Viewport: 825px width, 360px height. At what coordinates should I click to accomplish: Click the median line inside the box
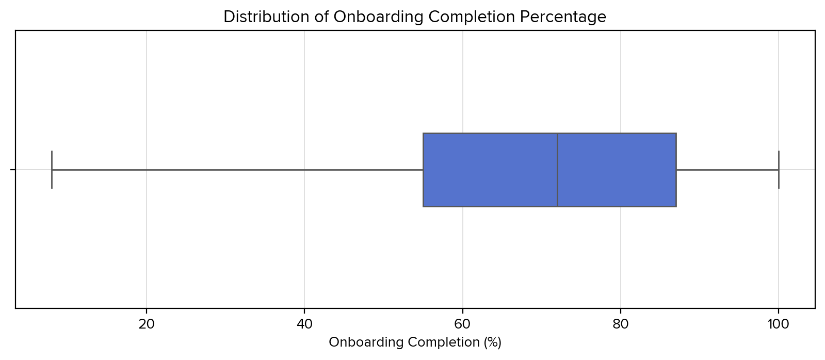click(x=557, y=170)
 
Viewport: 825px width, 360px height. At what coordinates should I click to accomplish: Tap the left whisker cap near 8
click(x=52, y=170)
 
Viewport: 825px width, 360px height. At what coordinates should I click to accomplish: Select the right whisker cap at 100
click(x=778, y=170)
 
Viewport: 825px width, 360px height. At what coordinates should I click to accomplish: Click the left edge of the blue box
click(x=423, y=170)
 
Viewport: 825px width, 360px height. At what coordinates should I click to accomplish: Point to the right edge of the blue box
click(x=676, y=170)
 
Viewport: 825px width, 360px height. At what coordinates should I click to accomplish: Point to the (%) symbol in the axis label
click(x=491, y=342)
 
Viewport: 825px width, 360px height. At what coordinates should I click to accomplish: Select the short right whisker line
click(x=727, y=170)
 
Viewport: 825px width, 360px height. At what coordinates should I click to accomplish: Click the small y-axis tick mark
click(x=13, y=170)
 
